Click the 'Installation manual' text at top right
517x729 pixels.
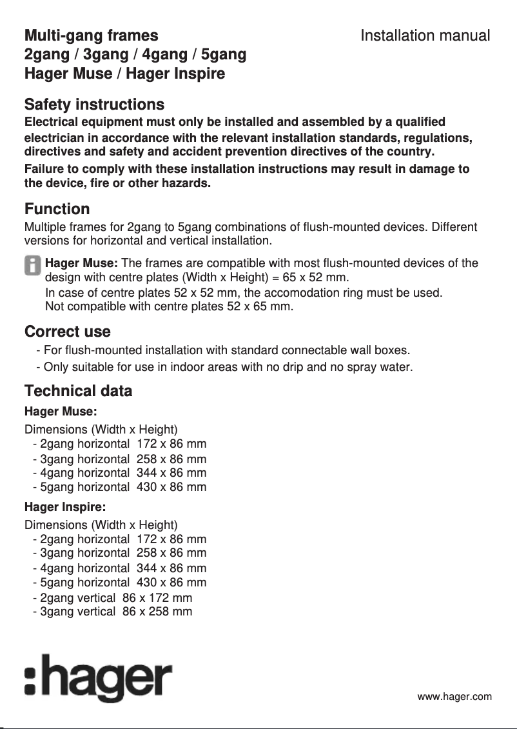point(425,35)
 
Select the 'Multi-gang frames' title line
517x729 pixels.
point(91,35)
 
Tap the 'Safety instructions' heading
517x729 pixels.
point(94,105)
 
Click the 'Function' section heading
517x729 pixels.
point(57,209)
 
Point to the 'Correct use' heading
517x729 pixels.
point(67,332)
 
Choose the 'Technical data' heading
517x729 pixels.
point(78,391)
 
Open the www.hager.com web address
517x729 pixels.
point(454,697)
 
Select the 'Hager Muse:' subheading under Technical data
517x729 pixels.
point(60,411)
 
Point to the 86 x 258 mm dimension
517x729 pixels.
point(157,612)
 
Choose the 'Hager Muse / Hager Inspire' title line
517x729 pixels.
point(124,74)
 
